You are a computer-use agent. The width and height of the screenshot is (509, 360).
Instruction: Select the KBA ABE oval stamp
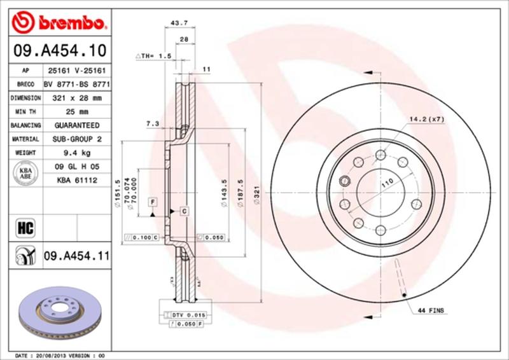tap(25, 173)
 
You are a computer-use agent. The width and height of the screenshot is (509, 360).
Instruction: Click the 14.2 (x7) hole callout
tap(428, 120)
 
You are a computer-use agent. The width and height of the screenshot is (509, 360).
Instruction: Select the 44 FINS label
tap(430, 310)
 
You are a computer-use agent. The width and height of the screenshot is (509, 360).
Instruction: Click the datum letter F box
tap(153, 202)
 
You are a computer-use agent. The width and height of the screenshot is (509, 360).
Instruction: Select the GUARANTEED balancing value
tap(77, 125)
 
